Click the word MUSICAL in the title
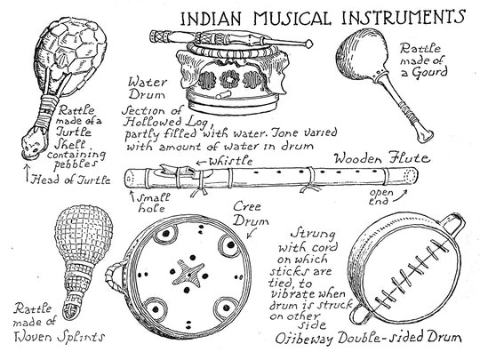(x=292, y=19)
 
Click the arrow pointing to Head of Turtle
(x=27, y=173)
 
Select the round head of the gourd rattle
(x=361, y=54)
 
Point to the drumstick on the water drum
(x=231, y=38)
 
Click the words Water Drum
(x=148, y=88)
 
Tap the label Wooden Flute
(x=381, y=158)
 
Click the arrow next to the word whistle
(x=201, y=162)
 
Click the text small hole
(x=153, y=203)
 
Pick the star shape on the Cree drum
(x=188, y=273)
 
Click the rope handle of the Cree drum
(x=114, y=277)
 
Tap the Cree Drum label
(x=251, y=214)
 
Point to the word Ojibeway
(x=304, y=339)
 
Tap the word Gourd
(x=429, y=72)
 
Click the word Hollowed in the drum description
(x=152, y=122)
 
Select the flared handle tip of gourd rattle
(x=427, y=136)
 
